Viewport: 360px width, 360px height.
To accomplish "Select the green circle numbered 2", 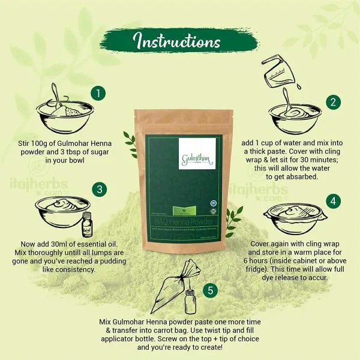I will point(333,101).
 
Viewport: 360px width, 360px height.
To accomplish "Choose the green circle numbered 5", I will point(209,291).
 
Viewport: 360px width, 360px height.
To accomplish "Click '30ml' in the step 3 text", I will point(72,245).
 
